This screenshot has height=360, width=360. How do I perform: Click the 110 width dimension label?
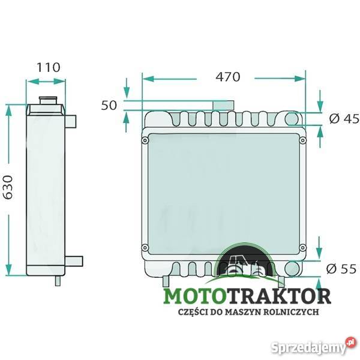click(x=49, y=67)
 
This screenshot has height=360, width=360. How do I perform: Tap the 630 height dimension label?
click(x=9, y=187)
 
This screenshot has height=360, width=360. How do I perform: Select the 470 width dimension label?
click(x=228, y=77)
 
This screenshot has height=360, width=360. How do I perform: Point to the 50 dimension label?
click(x=109, y=105)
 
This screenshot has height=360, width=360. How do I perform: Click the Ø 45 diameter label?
click(x=344, y=118)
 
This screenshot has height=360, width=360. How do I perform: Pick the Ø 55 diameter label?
click(x=341, y=269)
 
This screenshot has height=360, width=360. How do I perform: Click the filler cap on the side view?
click(x=48, y=100)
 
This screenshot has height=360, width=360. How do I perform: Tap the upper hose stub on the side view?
click(x=71, y=121)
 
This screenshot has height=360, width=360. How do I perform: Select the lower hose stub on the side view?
click(x=74, y=261)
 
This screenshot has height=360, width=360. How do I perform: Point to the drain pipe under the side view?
click(x=58, y=281)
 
